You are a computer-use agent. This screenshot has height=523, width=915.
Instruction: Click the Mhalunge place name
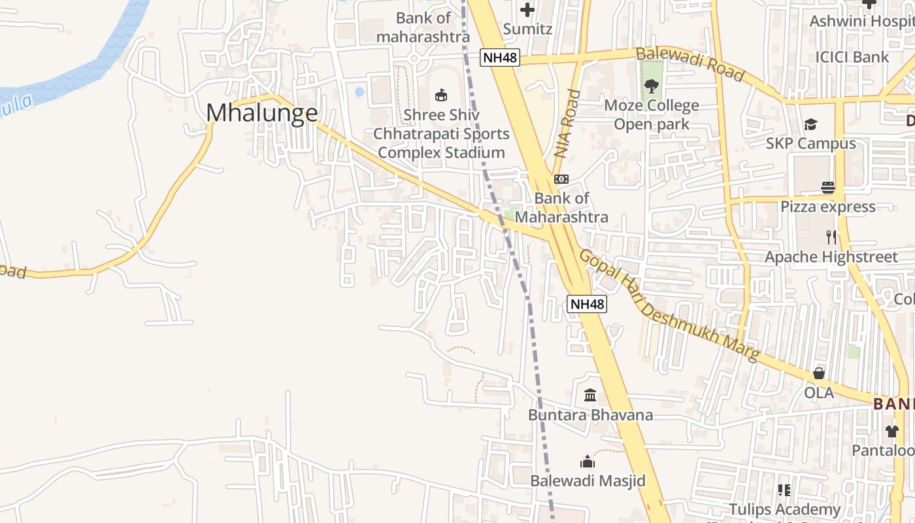[x=262, y=113]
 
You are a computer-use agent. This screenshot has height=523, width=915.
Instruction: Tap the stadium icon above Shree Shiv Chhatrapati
[x=441, y=95]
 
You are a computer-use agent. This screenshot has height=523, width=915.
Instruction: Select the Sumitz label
[x=527, y=29]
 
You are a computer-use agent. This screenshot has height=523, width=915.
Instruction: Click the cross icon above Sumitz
[x=527, y=10]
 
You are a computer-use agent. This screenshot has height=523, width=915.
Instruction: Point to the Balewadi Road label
[x=690, y=64]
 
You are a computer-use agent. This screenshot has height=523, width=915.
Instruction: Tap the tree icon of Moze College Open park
[x=651, y=86]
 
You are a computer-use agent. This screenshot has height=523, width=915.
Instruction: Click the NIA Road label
[x=567, y=124]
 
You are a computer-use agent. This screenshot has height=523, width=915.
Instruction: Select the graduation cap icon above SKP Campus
[x=810, y=124]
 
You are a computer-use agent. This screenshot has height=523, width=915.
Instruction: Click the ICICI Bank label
[x=852, y=57]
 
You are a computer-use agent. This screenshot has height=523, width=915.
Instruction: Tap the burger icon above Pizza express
[x=828, y=188]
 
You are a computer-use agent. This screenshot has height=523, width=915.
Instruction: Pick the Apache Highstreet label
[x=831, y=257]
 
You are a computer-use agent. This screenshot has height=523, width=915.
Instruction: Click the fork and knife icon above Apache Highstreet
[x=831, y=237]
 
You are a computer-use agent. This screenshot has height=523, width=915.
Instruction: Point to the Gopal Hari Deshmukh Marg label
[x=669, y=305]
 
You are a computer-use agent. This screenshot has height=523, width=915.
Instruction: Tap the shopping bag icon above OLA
[x=819, y=373]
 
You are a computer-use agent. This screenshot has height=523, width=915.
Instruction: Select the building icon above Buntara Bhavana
[x=590, y=396]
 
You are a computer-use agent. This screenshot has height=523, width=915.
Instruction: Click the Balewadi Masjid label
[x=588, y=481]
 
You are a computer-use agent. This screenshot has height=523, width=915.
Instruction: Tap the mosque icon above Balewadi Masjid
[x=588, y=462]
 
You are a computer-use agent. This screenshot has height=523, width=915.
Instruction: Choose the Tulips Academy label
[x=784, y=509]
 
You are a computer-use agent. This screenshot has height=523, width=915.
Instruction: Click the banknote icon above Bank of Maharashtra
[x=561, y=179]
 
